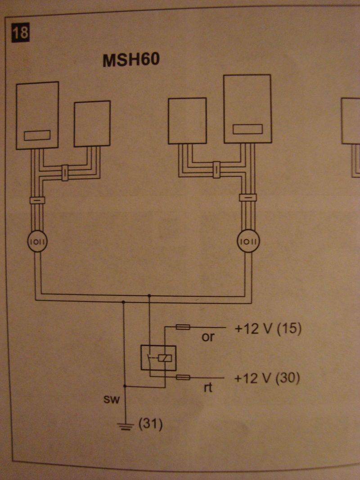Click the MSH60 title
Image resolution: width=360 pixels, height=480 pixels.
131,60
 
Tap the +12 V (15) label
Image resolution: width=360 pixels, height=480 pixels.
267,329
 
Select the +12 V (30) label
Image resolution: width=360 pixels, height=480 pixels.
267,378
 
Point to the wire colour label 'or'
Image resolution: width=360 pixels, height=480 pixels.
208,337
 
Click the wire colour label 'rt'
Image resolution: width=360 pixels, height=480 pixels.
207,387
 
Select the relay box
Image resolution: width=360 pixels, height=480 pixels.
158,358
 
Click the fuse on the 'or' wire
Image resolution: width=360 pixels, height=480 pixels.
183,327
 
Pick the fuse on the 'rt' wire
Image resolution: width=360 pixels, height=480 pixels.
183,377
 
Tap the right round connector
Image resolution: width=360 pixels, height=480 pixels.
248,242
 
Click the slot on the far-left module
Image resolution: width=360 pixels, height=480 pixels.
37,135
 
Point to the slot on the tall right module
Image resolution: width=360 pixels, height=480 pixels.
247,129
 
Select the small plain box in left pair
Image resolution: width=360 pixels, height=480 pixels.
92,123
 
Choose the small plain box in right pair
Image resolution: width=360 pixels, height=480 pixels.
187,121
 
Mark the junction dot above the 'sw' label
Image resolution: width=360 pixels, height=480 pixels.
126,386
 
